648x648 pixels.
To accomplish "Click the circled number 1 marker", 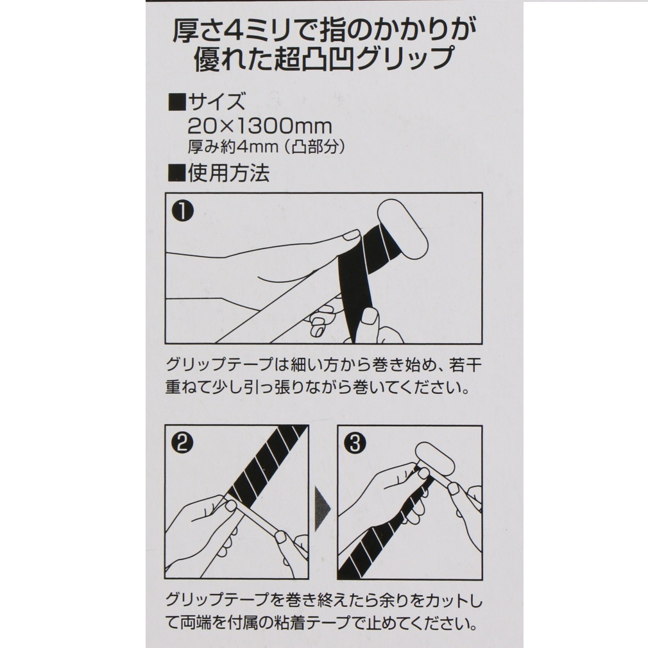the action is tap(182, 212).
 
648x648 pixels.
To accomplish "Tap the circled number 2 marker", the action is tap(182, 444).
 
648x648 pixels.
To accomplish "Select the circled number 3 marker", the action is tap(355, 444).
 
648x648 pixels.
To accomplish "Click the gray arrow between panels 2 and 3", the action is tap(322, 508).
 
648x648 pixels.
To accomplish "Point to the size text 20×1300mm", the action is tap(260, 126).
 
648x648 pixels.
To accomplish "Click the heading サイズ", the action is tap(217, 101).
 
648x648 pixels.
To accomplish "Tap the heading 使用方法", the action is tap(228, 173).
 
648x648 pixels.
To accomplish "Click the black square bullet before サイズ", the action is tap(177, 101).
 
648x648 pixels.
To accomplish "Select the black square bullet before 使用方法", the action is tap(177, 173).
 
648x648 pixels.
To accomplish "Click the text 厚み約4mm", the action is tap(233, 147).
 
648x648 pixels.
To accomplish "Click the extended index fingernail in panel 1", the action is tap(352, 235).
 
